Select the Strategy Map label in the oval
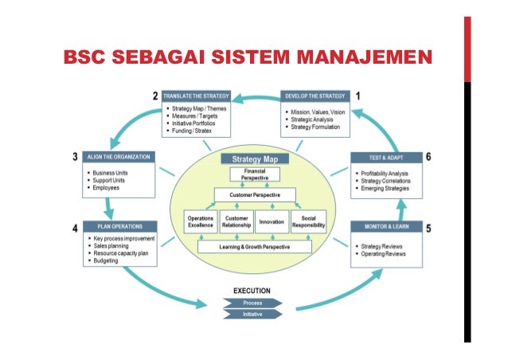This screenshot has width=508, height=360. click(x=254, y=159)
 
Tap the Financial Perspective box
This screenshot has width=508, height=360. click(x=254, y=174)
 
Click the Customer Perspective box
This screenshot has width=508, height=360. click(x=254, y=194)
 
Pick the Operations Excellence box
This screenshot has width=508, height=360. click(x=200, y=222)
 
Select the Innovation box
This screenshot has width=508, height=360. click(x=272, y=222)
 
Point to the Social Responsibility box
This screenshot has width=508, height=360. click(x=307, y=222)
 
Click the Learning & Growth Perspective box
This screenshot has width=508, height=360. click(x=254, y=248)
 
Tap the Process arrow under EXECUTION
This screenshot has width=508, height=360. click(x=253, y=303)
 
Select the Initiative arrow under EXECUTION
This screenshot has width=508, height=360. click(x=253, y=314)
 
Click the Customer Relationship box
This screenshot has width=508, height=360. click(x=236, y=222)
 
